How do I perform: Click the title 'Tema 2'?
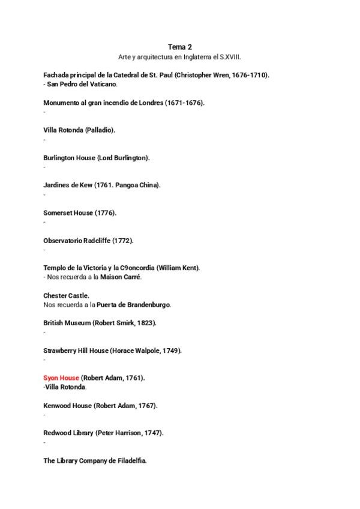point(180,46)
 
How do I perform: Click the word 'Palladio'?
point(100,130)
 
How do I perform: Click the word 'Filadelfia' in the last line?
point(130,460)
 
